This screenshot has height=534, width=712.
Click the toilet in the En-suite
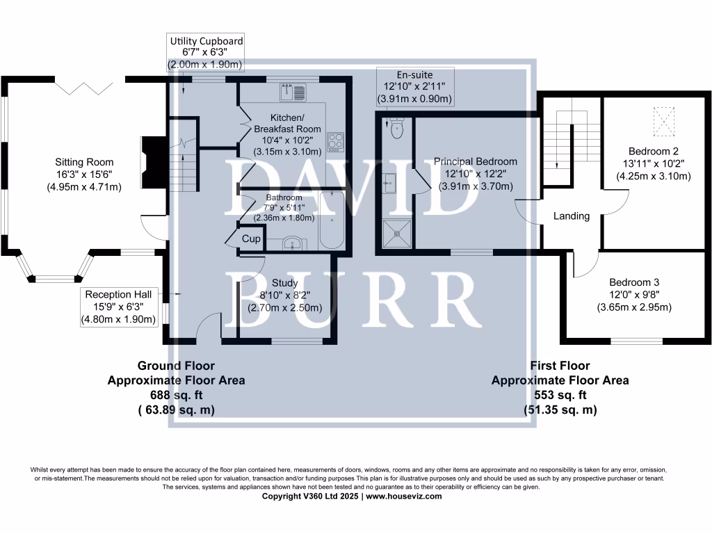[397, 129]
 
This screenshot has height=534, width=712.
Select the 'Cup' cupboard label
[251, 239]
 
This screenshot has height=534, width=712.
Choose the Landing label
[572, 216]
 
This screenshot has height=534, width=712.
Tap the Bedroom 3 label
[634, 282]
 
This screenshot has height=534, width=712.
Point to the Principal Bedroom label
[476, 161]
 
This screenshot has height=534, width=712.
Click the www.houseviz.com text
[404, 496]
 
